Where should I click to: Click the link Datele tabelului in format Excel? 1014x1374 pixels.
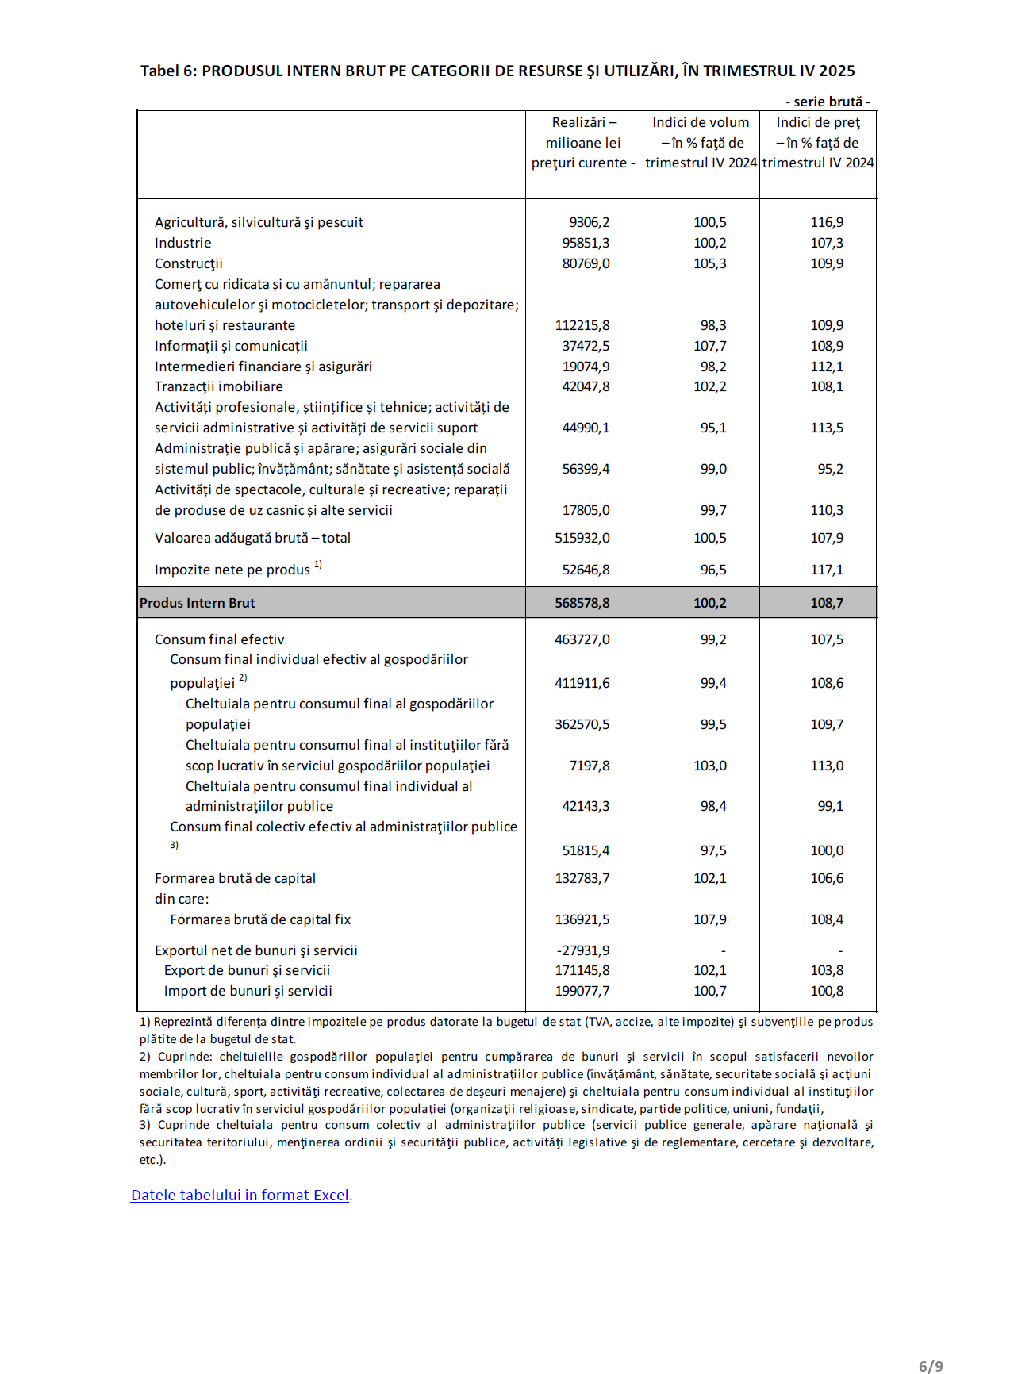[x=240, y=1196]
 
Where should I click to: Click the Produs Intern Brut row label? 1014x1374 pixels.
[x=198, y=603]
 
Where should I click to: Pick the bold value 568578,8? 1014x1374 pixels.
[x=582, y=603]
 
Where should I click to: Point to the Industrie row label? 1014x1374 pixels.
[x=183, y=244]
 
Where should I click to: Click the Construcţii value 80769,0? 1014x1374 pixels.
[x=586, y=263]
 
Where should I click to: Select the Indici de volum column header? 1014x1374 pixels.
[x=701, y=143]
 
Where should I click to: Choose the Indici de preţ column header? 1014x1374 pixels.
[x=818, y=143]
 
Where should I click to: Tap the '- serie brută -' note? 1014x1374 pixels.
[x=828, y=102]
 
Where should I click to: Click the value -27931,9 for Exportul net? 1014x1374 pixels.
[x=583, y=950]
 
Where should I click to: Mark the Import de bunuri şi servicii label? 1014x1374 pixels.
[x=248, y=991]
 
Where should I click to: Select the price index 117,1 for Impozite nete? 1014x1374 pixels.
[x=827, y=570]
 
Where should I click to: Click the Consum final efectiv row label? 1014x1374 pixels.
[x=219, y=639]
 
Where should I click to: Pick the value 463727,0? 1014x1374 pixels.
[x=582, y=639]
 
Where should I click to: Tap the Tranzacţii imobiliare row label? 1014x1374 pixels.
[x=219, y=386]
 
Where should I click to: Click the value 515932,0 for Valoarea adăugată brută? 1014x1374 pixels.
[x=582, y=538]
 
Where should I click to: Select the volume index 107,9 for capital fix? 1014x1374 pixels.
[x=710, y=919]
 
